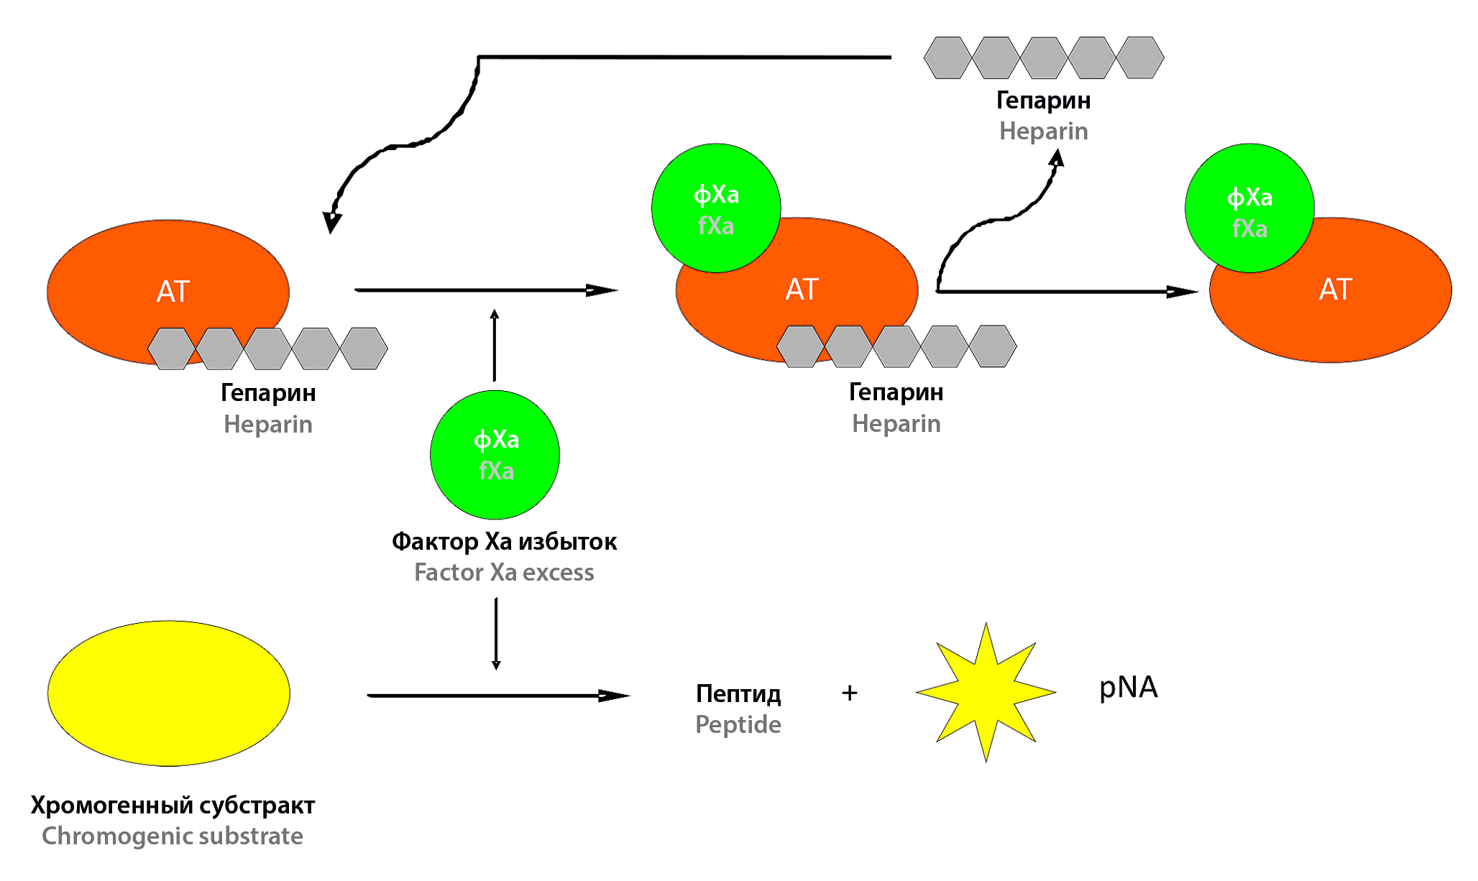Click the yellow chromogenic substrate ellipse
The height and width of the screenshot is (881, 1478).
tap(169, 693)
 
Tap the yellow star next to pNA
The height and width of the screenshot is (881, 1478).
tap(986, 693)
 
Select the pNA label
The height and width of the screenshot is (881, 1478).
tap(1128, 688)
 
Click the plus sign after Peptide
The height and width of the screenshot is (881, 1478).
tap(850, 693)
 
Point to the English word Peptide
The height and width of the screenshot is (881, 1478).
tap(738, 724)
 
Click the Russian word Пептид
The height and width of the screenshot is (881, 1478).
tap(738, 693)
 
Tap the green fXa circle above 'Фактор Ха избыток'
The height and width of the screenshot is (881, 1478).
tap(495, 455)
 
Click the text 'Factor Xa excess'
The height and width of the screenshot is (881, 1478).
tap(504, 573)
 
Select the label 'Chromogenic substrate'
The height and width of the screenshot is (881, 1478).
tap(173, 836)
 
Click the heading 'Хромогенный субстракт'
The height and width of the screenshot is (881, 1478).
tap(173, 806)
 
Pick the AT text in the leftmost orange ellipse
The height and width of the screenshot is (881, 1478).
tap(173, 292)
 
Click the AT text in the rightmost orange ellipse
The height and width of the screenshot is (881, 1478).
tap(1335, 290)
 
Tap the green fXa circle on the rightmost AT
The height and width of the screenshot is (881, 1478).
tap(1249, 208)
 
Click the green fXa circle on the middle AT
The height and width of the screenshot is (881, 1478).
tap(716, 208)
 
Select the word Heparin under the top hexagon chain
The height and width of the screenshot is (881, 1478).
tap(1043, 132)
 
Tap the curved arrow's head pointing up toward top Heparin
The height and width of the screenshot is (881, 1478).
tap(1057, 157)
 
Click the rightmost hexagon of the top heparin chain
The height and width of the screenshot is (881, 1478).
tap(1139, 57)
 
